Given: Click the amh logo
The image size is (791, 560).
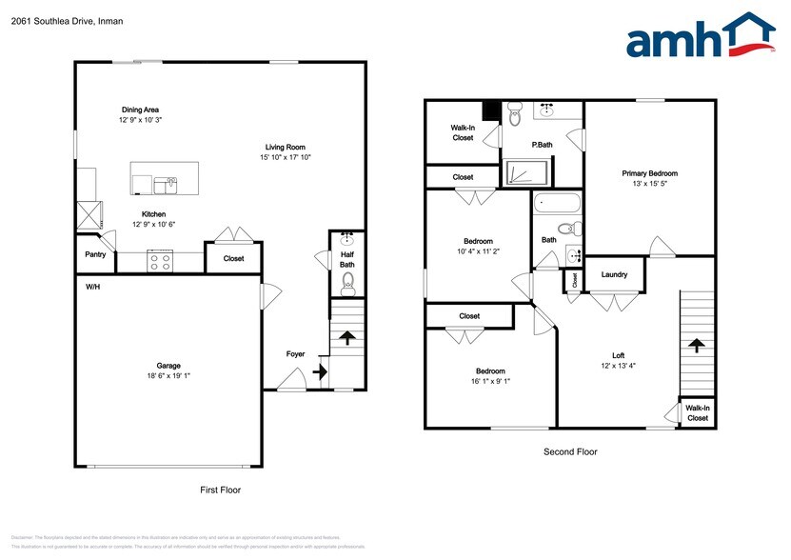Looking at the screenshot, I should tap(701, 39).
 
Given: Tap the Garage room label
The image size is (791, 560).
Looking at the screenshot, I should tap(168, 366).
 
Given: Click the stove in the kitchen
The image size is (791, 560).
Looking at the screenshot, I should tap(159, 260).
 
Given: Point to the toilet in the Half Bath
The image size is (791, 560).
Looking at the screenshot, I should tap(347, 280).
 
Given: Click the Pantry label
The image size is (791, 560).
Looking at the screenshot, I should tap(95, 254).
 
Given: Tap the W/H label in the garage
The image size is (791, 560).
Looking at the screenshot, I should tap(93, 287).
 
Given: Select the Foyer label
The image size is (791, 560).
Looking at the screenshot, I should tap(296, 354).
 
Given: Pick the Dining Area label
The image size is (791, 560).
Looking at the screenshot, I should tap(139, 110).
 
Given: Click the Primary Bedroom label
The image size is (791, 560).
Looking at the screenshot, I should tap(649, 173).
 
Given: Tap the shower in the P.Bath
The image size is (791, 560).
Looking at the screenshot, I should tap(526, 172).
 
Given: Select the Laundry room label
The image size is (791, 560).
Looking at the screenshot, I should tap(614, 275).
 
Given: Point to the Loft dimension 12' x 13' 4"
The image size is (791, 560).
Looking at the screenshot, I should tap(618, 366).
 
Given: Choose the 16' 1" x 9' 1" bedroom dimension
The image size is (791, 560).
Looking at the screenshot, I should tap(491, 382).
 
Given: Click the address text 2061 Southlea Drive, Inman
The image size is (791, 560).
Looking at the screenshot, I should tap(54, 21).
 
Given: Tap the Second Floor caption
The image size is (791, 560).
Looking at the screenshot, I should tap(570, 452).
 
